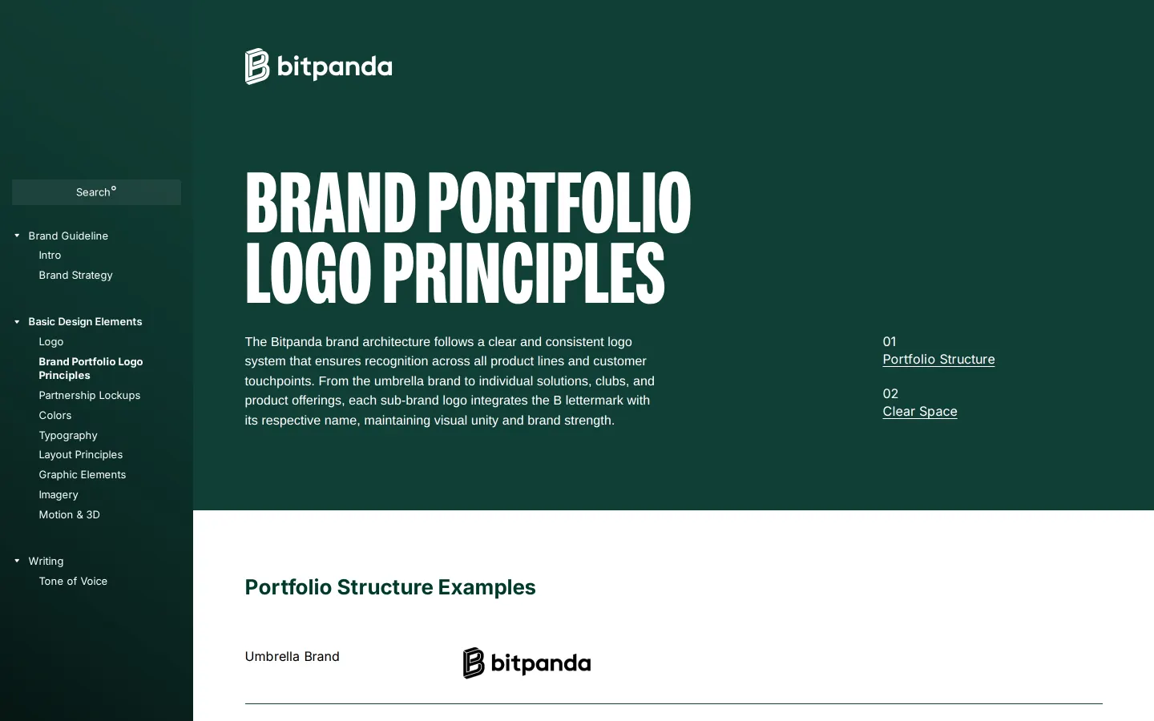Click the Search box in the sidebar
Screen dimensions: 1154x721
tap(96, 192)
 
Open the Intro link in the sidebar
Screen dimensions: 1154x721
tap(50, 256)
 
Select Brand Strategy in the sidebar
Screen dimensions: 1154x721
tap(75, 275)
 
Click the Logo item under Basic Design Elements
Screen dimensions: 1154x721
tap(51, 341)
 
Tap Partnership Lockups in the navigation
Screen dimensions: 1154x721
tap(90, 395)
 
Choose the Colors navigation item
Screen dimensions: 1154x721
tap(55, 415)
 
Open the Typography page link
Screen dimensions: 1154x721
tap(68, 435)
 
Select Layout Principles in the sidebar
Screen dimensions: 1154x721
tap(81, 455)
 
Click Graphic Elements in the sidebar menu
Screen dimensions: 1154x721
tap(83, 474)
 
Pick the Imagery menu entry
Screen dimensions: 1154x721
tap(59, 494)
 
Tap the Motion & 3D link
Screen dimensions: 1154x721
tap(70, 514)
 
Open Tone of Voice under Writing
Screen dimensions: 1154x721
tap(73, 581)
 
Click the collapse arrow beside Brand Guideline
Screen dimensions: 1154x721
tap(17, 236)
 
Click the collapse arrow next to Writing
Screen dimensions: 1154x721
tap(17, 561)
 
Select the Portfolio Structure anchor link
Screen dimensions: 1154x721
tap(938, 360)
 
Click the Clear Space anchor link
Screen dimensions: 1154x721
tap(920, 412)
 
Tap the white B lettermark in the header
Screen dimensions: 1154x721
tap(256, 66)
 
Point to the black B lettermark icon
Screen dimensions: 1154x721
tap(474, 663)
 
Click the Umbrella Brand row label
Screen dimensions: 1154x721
tap(292, 657)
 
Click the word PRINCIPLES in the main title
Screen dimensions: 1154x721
tap(524, 273)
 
